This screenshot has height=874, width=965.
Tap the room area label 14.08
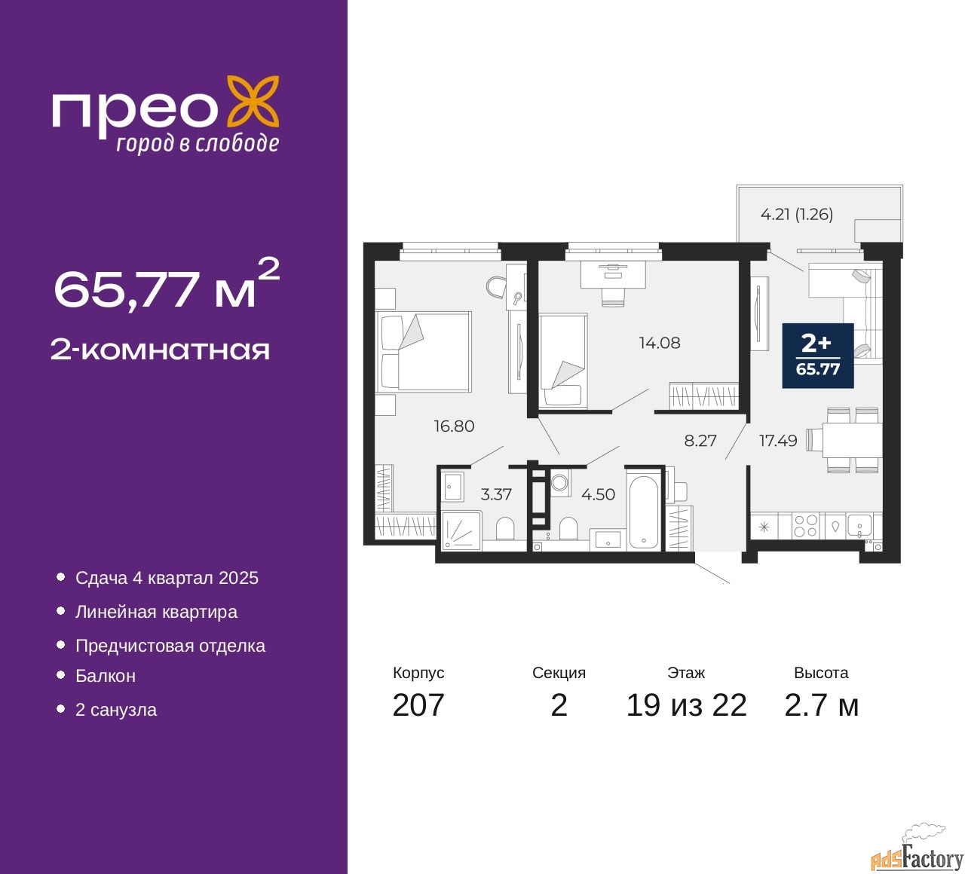coord(659,343)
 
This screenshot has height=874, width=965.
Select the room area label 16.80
coord(454,426)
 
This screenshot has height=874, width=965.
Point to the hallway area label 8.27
coord(700,440)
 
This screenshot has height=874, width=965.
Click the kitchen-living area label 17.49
coord(778,440)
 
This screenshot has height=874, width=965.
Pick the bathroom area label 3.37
coord(495,494)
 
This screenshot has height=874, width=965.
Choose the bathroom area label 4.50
coord(598,494)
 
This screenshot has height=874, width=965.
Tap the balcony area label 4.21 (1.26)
coord(796,215)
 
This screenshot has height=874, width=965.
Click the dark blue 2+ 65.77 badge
coord(817,356)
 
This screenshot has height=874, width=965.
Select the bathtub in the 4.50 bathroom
coord(642,511)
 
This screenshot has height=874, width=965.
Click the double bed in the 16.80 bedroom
coord(424,351)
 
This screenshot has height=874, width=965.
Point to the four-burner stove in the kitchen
coord(805,526)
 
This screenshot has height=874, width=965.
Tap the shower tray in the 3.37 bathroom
coord(461,530)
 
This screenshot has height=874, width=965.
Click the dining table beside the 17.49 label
coord(851,440)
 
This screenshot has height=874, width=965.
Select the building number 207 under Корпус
coord(418,706)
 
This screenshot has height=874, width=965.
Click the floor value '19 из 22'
coord(686,706)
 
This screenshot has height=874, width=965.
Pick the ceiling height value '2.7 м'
coord(821,706)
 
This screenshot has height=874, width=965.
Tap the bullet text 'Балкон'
coord(106,676)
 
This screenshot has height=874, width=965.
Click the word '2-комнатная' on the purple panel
coord(160,350)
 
